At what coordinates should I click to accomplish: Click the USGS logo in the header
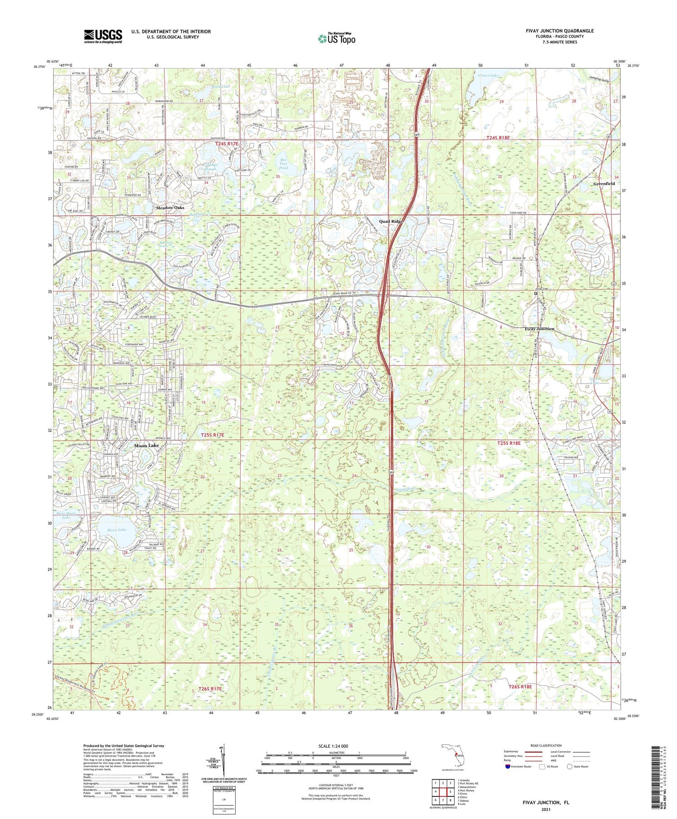pos(103,36)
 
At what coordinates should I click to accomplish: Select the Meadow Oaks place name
pos(170,207)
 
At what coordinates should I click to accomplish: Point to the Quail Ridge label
pos(390,221)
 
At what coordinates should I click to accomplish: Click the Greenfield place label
pos(604,184)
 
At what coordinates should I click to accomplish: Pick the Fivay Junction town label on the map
pos(539,329)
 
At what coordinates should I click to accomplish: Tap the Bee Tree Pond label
pos(283,164)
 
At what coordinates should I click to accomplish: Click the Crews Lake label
pos(488,76)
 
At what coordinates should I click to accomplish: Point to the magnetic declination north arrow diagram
pos(223,758)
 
